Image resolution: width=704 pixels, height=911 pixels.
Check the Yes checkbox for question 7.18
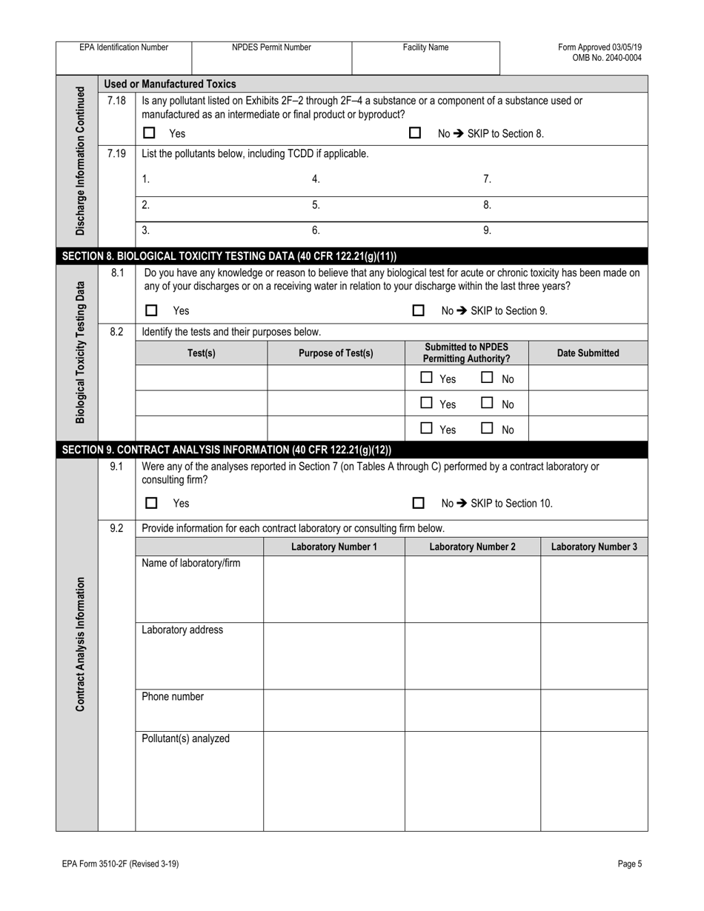(x=150, y=133)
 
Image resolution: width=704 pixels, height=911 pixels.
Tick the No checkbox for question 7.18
(x=415, y=133)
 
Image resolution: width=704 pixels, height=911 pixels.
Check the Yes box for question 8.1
(x=151, y=311)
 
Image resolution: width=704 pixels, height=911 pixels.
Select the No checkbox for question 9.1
(x=418, y=504)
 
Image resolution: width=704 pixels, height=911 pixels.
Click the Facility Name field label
(x=425, y=47)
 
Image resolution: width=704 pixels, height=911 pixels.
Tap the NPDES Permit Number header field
(x=271, y=47)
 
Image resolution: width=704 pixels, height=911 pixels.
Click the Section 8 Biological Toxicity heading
(x=230, y=257)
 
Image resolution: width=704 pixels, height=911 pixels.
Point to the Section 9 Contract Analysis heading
(x=227, y=450)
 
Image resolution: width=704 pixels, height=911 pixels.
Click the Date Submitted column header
(x=588, y=353)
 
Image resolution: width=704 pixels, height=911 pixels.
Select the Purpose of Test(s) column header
(x=336, y=353)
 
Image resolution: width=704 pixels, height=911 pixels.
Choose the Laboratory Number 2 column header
(x=472, y=547)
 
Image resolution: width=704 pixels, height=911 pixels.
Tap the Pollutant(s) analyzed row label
(x=185, y=738)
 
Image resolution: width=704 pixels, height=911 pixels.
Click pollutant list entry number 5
(x=316, y=205)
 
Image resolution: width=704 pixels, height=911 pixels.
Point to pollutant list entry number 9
(x=487, y=230)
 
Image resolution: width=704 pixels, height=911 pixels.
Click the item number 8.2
(x=116, y=332)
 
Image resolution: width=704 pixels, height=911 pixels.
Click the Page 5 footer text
(x=629, y=864)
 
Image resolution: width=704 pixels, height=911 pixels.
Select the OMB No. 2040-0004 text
(x=607, y=58)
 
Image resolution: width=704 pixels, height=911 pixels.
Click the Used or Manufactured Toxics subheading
(x=170, y=84)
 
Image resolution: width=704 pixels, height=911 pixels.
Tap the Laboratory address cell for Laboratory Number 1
(x=333, y=655)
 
